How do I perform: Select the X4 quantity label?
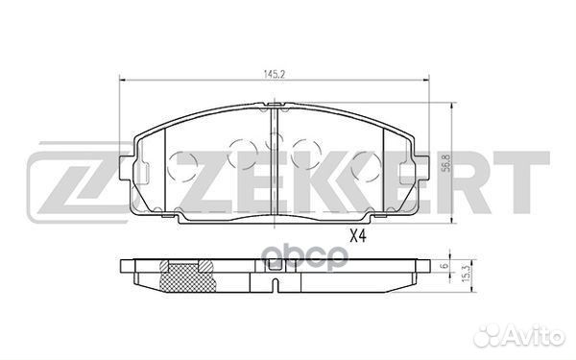358,234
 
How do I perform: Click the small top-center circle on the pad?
274,137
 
